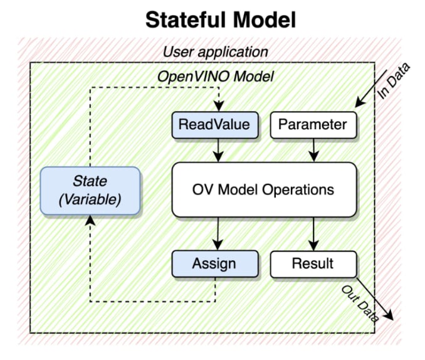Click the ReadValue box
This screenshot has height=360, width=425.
click(x=214, y=125)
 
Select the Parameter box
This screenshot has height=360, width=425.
click(x=312, y=125)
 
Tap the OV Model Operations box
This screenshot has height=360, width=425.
click(x=264, y=189)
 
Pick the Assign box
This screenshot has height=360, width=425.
click(x=214, y=263)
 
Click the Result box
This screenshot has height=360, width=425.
click(x=312, y=263)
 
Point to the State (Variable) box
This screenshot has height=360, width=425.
click(x=90, y=190)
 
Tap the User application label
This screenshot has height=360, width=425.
click(x=215, y=51)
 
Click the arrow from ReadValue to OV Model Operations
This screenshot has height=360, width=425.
click(x=218, y=149)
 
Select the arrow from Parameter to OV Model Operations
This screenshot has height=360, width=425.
click(x=313, y=149)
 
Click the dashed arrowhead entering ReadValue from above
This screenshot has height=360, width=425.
click(x=218, y=107)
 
